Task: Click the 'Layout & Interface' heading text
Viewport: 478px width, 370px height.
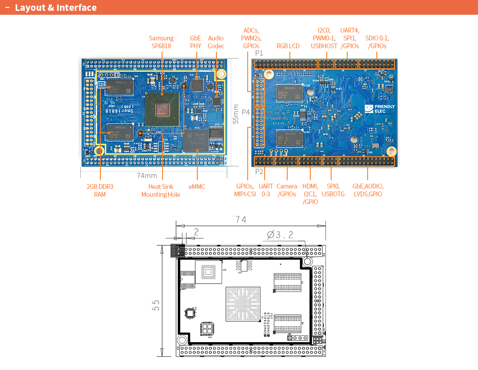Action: [56, 8]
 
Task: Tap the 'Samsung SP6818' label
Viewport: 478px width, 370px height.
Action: [161, 42]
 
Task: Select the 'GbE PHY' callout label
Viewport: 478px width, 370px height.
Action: [196, 42]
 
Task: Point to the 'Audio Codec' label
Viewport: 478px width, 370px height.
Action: [216, 42]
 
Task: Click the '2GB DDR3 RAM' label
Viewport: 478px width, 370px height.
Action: [100, 190]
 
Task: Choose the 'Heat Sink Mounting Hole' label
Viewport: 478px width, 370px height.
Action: [160, 190]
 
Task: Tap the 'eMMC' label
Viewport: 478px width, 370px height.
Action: [197, 187]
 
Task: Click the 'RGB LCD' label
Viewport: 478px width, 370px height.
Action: [288, 46]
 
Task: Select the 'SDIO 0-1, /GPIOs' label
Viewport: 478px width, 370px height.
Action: [377, 42]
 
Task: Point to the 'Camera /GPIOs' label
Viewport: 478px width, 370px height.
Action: [287, 190]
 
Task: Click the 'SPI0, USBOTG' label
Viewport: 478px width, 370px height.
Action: [333, 190]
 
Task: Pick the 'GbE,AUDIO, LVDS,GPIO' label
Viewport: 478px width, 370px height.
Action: [368, 190]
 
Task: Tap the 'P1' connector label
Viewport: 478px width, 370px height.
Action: [259, 53]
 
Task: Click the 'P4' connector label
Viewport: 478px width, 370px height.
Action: [246, 112]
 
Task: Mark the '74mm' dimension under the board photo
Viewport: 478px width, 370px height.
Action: [147, 175]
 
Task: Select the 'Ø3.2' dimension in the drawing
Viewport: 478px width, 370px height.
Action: [280, 235]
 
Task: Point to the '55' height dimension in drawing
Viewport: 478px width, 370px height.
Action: [155, 305]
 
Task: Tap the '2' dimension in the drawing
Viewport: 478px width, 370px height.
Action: [196, 232]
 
